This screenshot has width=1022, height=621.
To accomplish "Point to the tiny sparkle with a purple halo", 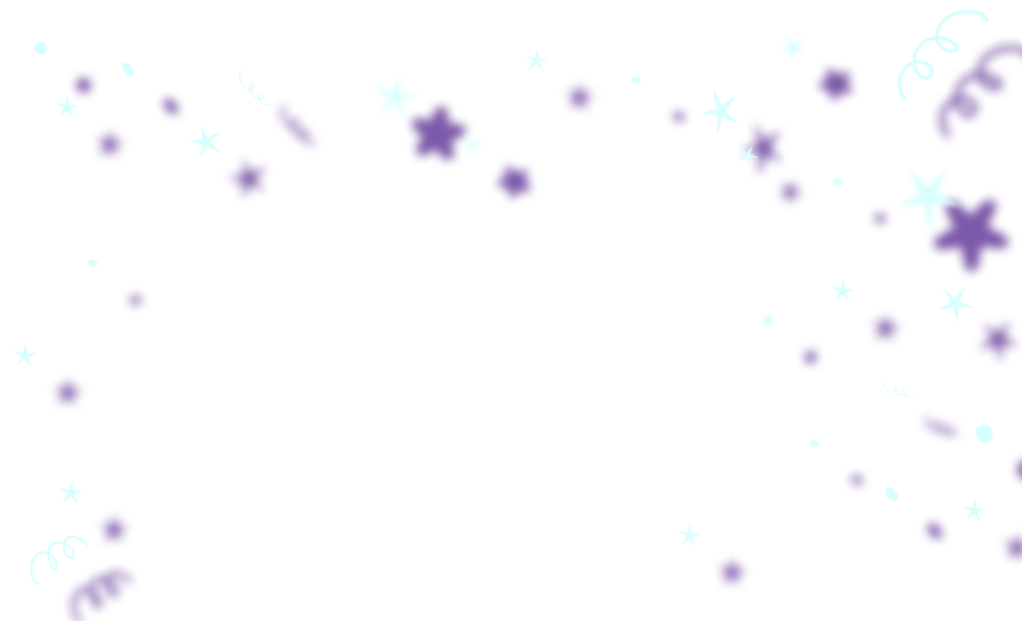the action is click(745, 154).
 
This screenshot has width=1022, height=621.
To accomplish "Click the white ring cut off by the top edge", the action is click(40, 49).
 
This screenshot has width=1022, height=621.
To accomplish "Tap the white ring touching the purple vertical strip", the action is click(983, 433).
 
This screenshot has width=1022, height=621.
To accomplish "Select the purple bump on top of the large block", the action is click(934, 524).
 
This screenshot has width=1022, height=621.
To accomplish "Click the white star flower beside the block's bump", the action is click(974, 509).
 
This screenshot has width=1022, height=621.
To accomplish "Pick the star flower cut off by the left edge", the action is click(25, 355).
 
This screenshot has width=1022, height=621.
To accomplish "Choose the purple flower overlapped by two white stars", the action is click(438, 133).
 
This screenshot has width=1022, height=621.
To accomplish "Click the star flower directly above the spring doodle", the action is click(71, 492).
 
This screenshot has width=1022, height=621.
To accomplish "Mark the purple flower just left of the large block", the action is click(732, 572).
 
